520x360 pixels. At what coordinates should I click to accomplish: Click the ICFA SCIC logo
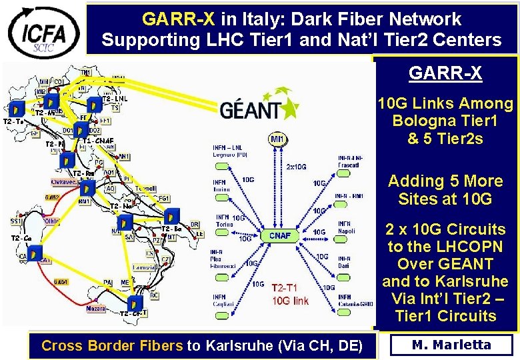click(x=43, y=30)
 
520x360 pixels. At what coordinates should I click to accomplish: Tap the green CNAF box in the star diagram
click(x=279, y=235)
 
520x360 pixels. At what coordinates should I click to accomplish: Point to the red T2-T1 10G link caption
click(x=289, y=294)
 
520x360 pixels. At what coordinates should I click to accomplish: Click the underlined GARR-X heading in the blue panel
click(x=445, y=74)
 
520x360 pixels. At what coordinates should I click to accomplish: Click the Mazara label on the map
click(x=96, y=309)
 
